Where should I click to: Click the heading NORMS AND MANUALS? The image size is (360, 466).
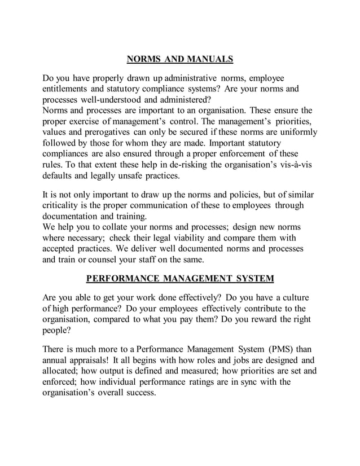(x=179, y=59)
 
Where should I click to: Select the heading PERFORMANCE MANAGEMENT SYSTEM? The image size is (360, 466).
(x=179, y=278)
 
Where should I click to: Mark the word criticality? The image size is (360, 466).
(x=65, y=205)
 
